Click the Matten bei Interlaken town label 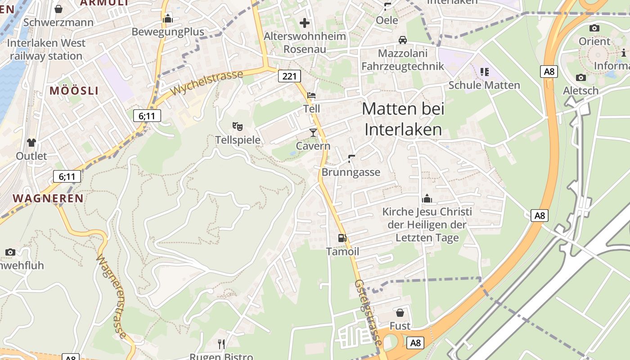click(403, 119)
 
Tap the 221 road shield click(289, 76)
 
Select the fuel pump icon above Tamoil click(342, 238)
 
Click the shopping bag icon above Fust click(400, 312)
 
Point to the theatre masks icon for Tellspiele click(237, 126)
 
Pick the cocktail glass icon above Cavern click(313, 132)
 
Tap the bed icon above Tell click(311, 95)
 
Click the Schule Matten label click(484, 85)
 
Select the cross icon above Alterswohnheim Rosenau click(305, 22)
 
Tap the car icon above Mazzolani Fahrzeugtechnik click(403, 40)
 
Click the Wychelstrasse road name click(207, 82)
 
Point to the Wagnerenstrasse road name click(112, 297)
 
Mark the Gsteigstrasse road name click(369, 313)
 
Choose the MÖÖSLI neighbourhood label click(74, 90)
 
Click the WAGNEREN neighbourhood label click(48, 198)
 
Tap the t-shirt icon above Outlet click(31, 143)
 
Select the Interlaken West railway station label click(46, 49)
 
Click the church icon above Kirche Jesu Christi click(427, 198)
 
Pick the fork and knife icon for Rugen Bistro click(221, 344)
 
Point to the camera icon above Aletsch click(580, 77)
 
